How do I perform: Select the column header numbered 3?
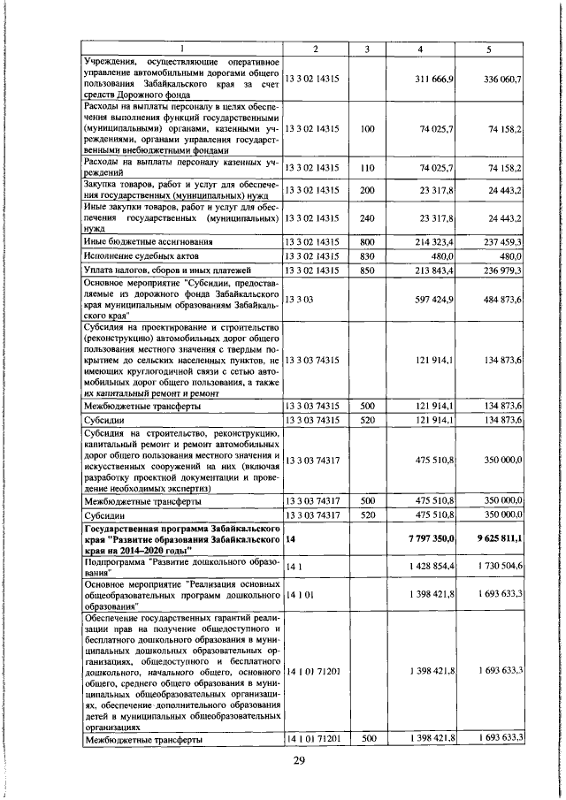pos(368,49)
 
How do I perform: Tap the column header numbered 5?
pos(488,49)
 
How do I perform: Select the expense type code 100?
pos(368,129)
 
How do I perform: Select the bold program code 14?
pos(290,537)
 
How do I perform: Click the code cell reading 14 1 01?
pos(303,593)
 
